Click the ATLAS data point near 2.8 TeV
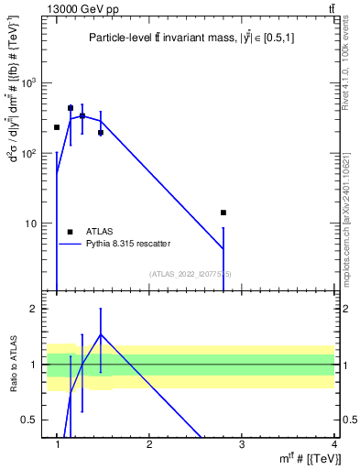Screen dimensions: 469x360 pos(223,213)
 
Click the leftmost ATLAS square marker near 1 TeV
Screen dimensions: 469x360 pos(57,127)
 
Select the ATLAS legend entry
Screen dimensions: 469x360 pos(97,232)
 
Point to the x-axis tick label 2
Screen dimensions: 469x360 pos(149,444)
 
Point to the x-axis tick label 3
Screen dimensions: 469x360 pos(241,444)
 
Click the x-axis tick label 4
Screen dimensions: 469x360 pos(333,444)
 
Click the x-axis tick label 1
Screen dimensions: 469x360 pos(57,444)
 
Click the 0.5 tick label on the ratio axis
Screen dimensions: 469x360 pos(29,420)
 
